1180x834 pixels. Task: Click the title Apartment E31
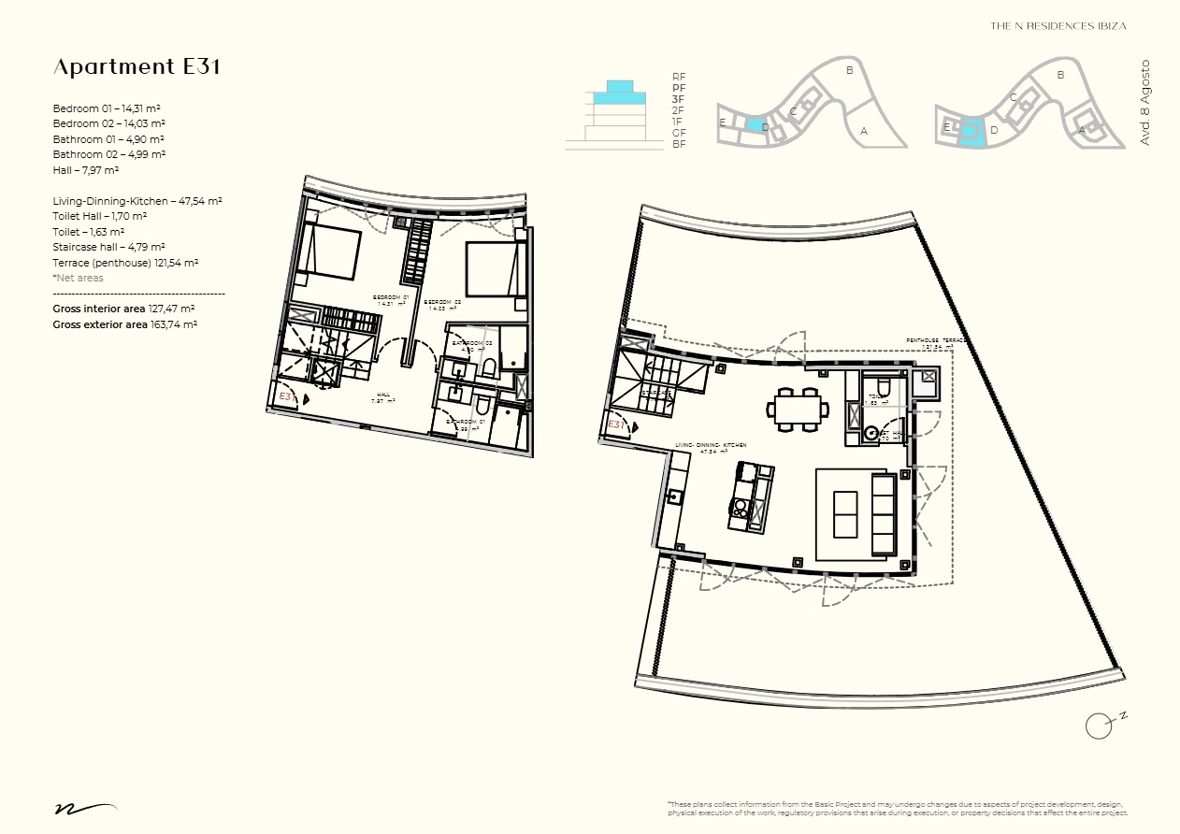[x=137, y=67]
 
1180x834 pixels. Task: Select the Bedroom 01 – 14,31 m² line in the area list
[x=108, y=108]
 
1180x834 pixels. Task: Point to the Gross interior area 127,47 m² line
[x=123, y=309]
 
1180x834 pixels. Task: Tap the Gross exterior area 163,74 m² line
[x=124, y=324]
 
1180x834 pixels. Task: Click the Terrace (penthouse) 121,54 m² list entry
[x=125, y=263]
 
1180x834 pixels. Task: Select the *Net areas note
[x=78, y=278]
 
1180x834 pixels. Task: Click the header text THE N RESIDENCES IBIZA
[x=1058, y=26]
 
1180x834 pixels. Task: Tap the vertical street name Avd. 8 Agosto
[x=1144, y=102]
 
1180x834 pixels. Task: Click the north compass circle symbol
[x=1099, y=725]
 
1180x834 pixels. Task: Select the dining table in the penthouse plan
[x=798, y=409]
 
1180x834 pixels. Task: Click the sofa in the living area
[x=883, y=513]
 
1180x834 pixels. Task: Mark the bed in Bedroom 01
[x=328, y=251]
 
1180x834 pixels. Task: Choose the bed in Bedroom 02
[x=491, y=269]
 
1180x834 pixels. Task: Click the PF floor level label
[x=679, y=88]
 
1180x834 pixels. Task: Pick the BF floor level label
[x=679, y=144]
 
